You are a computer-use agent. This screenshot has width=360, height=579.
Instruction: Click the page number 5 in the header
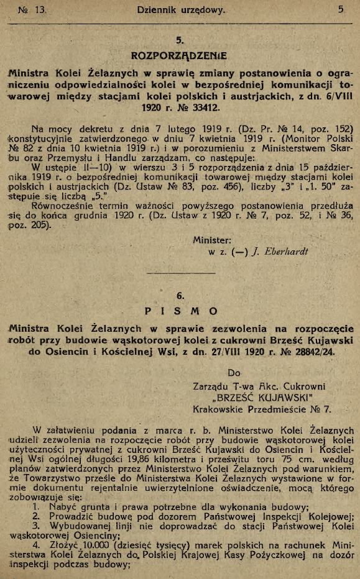341,9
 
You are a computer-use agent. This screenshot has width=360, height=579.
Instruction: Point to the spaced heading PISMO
180,311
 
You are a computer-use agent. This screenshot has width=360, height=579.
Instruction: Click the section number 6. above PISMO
180,297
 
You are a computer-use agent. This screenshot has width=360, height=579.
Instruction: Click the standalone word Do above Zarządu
234,374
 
